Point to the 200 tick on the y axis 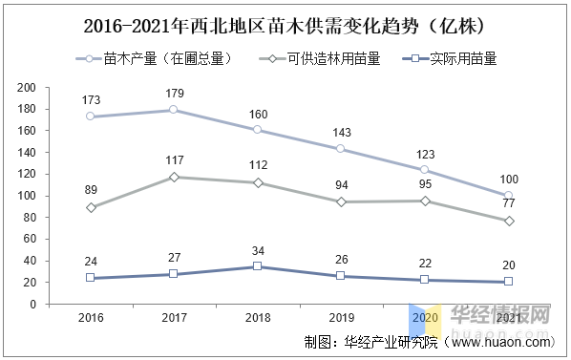pos(27,88)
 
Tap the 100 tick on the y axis pos(27,196)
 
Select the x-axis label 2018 pos(257,316)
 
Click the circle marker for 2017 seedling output pos(173,110)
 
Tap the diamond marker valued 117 pos(173,177)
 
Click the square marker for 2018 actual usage pos(257,266)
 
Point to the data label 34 pos(257,251)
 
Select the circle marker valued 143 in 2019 pos(341,149)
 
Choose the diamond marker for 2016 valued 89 pos(90,207)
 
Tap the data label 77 pos(508,204)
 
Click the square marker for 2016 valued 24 pos(90,278)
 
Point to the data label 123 pos(424,154)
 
